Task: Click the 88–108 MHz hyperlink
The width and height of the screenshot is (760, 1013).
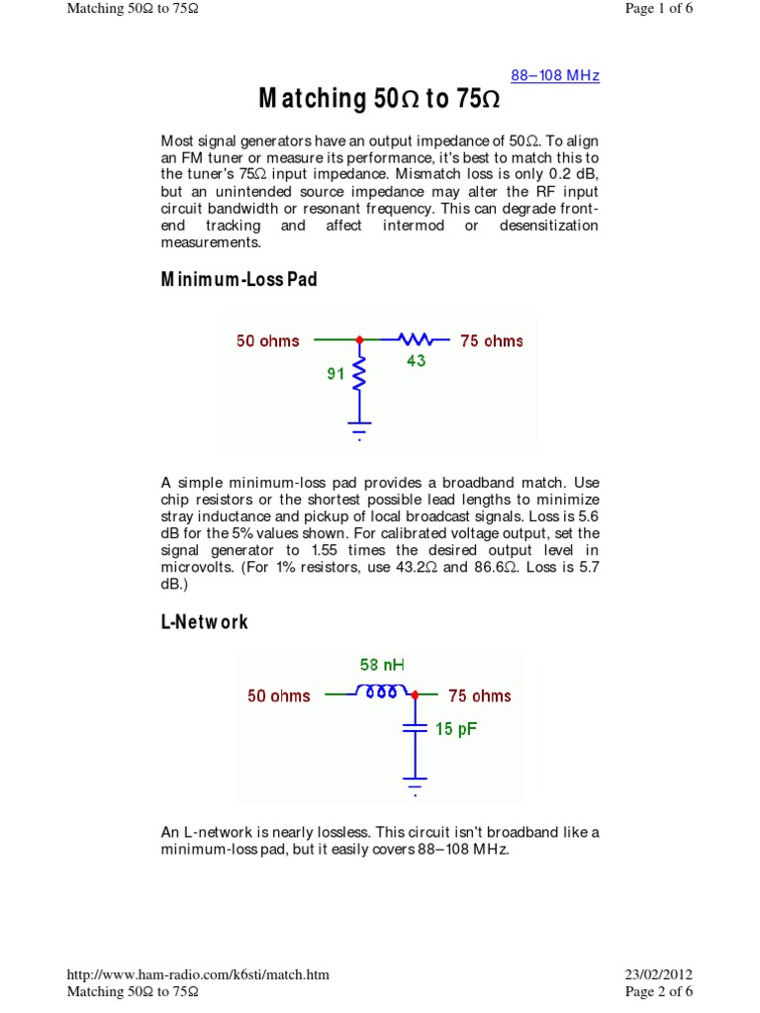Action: pyautogui.click(x=554, y=76)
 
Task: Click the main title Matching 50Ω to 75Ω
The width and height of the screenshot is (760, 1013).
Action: pyautogui.click(x=379, y=99)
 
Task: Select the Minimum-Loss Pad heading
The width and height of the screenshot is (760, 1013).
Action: pyautogui.click(x=238, y=280)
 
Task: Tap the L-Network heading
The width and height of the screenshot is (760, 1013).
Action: pyautogui.click(x=204, y=622)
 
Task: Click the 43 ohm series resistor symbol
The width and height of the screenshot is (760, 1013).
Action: pyautogui.click(x=416, y=340)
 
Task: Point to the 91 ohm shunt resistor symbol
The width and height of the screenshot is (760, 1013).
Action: pyautogui.click(x=359, y=375)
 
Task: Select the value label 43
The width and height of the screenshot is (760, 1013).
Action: pyautogui.click(x=416, y=361)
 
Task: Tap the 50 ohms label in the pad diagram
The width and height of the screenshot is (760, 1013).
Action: pyautogui.click(x=268, y=341)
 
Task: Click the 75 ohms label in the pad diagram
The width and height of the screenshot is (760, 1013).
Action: pyautogui.click(x=492, y=341)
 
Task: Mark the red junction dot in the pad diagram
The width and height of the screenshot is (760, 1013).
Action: pyautogui.click(x=359, y=340)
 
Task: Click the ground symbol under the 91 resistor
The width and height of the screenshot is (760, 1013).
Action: pyautogui.click(x=359, y=431)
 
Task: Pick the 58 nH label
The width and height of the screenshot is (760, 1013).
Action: pyautogui.click(x=381, y=667)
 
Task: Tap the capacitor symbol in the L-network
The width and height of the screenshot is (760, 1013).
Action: pyautogui.click(x=416, y=729)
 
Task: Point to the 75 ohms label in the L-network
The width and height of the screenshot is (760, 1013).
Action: pyautogui.click(x=480, y=695)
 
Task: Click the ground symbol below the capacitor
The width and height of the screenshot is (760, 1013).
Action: pyautogui.click(x=416, y=786)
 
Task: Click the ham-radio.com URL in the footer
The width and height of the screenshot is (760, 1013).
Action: pyautogui.click(x=197, y=974)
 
